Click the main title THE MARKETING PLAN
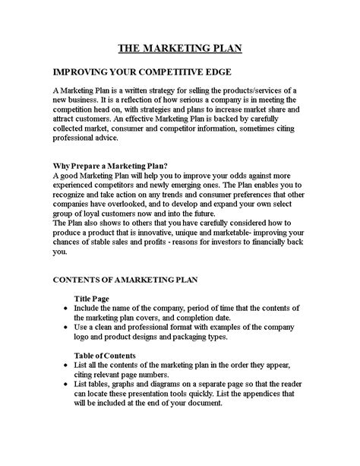pos(179,49)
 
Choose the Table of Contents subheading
pos(105,355)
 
